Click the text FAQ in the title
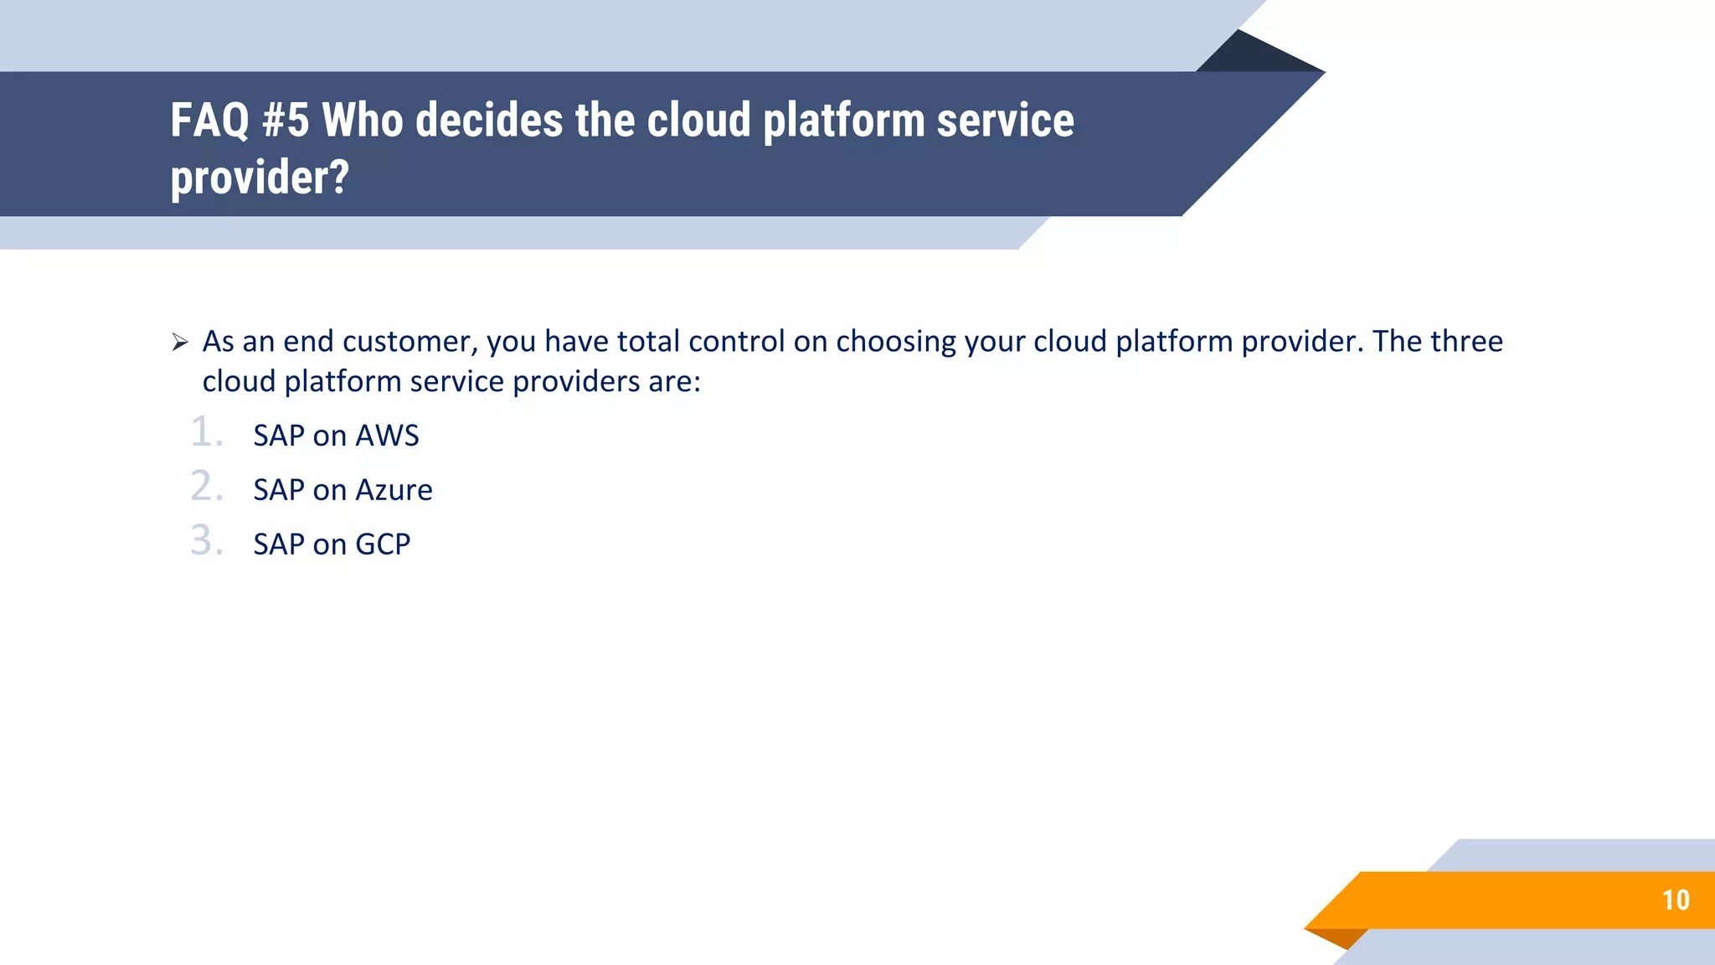click(209, 121)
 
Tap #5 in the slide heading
click(286, 121)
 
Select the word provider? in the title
click(260, 178)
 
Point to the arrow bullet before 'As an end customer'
click(180, 342)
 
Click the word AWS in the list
click(387, 436)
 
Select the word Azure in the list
click(394, 490)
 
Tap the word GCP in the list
click(383, 544)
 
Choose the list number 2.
click(206, 487)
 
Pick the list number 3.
click(206, 541)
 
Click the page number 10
click(1676, 900)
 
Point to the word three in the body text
click(1466, 342)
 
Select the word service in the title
click(1005, 121)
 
